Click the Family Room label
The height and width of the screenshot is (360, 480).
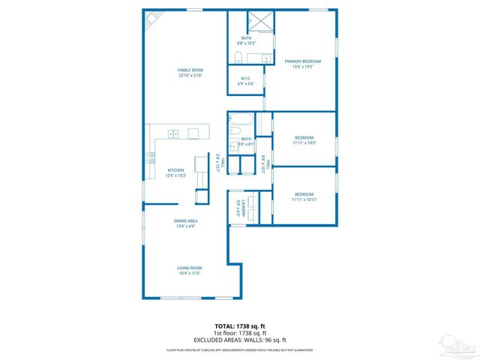click(190, 70)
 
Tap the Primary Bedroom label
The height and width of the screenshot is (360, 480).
click(302, 61)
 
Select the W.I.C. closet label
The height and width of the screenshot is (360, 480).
click(246, 78)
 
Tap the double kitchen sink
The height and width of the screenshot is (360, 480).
click(174, 134)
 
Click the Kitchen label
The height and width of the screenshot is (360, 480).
click(176, 169)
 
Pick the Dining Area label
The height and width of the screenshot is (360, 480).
click(185, 220)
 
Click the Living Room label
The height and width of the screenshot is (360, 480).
click(189, 268)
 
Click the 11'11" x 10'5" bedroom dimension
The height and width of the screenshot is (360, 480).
click(304, 142)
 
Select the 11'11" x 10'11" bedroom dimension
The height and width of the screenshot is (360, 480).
click(304, 199)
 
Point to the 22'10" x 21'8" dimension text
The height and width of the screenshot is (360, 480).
click(190, 75)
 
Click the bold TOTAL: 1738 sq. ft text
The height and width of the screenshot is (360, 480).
click(240, 326)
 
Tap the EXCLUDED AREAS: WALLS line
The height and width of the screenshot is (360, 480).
click(240, 339)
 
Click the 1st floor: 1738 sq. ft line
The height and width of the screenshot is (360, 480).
click(240, 332)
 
